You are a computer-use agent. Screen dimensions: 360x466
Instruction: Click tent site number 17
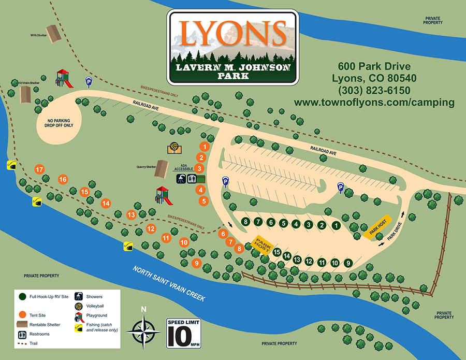coord(39,169)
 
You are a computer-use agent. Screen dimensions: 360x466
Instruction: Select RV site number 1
coord(336,225)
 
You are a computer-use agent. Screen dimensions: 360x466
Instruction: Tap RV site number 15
coord(277,253)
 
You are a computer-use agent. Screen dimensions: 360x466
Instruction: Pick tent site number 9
coord(196,263)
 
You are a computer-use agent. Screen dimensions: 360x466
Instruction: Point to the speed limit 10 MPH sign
coord(182,333)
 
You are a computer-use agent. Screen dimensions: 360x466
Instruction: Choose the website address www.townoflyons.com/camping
coord(374,103)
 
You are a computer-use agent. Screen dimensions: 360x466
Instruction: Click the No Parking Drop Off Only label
coord(57,121)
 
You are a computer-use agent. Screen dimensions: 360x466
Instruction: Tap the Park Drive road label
coord(395,231)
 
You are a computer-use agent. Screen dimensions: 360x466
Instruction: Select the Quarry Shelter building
coord(163,166)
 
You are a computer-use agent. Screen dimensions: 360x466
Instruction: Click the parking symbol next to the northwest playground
coord(89,81)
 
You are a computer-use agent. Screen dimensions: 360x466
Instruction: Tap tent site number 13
coord(131,214)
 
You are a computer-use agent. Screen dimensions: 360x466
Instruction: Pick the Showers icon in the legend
coord(79,297)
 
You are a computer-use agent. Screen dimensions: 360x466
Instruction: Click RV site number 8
coord(245,222)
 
